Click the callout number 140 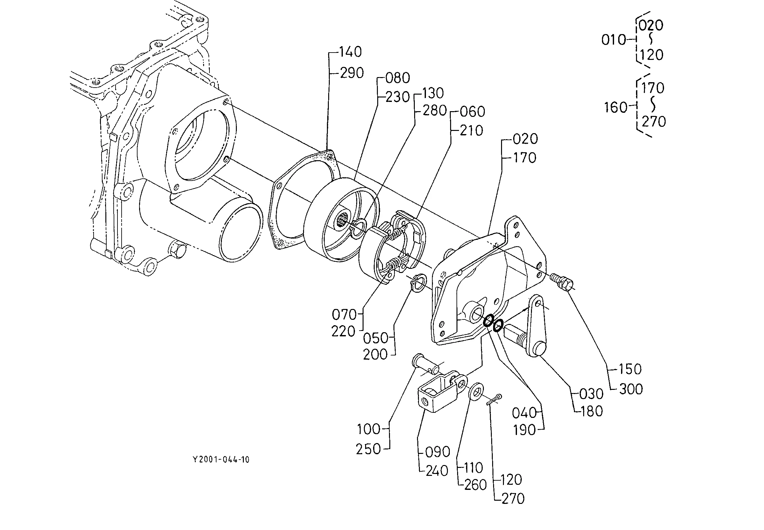click(x=350, y=52)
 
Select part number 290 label click(x=351, y=73)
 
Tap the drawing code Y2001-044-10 click(x=221, y=460)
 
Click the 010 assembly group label click(x=613, y=40)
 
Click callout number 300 click(x=631, y=389)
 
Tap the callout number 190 click(x=524, y=430)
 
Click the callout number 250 click(x=368, y=449)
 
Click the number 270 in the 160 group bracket click(x=654, y=122)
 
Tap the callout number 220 click(x=343, y=332)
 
